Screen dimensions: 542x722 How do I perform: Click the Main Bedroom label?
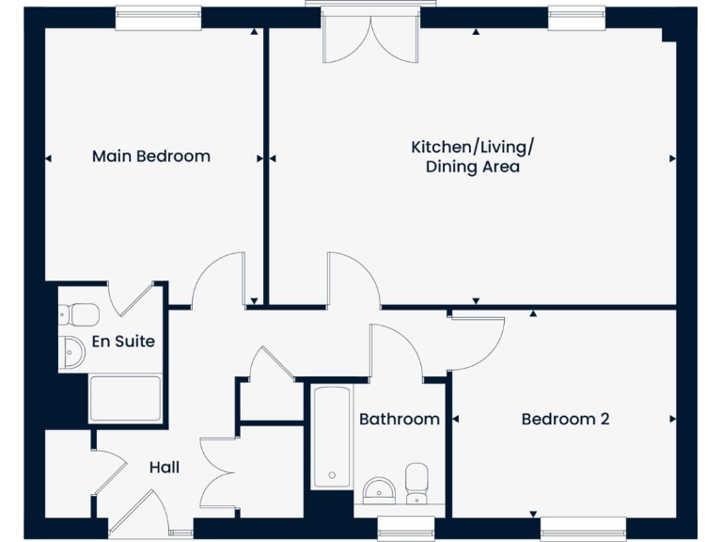coord(150,156)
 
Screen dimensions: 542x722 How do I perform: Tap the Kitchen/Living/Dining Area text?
coord(472,157)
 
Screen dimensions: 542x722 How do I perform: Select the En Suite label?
coord(122,342)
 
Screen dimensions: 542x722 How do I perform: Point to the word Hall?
coord(164,467)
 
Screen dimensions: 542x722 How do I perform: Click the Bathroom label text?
coord(399,420)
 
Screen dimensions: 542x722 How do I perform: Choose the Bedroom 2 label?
coord(565,420)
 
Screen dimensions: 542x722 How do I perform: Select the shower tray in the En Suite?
coord(125,396)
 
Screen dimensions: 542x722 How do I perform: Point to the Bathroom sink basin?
coord(378,489)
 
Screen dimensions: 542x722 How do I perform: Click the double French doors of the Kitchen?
coord(370,38)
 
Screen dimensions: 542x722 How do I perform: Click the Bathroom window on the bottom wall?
coord(400,528)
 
